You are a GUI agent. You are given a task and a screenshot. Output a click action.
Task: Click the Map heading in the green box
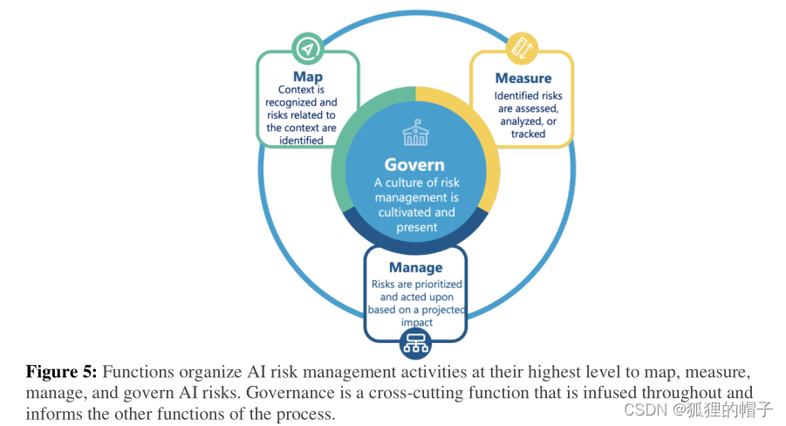coord(307,77)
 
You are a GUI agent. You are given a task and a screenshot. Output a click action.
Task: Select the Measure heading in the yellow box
coord(523,79)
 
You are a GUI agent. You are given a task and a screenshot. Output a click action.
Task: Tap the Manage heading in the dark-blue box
coord(415,267)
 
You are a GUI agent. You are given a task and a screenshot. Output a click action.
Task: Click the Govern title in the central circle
coord(414,165)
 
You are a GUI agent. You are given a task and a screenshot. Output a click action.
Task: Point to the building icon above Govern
coord(415,133)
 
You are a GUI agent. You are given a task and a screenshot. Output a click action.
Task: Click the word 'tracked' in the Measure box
coord(529,134)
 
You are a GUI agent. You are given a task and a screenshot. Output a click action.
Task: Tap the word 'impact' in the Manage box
coord(415,321)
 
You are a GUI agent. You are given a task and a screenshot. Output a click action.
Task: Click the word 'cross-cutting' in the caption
coord(509,393)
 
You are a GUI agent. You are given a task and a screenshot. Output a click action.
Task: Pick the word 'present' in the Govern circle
coord(414,227)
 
